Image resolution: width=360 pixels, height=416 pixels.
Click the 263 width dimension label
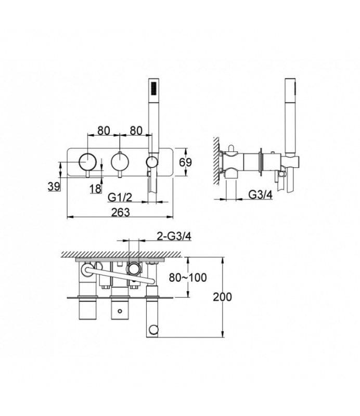(121, 213)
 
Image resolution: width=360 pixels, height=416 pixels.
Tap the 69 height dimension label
(185, 162)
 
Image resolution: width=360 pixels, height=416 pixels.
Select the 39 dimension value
(54, 187)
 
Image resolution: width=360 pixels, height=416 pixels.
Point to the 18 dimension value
(95, 189)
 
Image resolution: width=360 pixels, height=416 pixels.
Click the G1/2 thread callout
(120, 197)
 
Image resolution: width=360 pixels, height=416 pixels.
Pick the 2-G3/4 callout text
(174, 236)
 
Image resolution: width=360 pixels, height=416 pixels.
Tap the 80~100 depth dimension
(188, 278)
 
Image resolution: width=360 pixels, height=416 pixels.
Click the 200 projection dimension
(223, 297)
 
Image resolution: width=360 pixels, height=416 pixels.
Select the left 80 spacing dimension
(104, 131)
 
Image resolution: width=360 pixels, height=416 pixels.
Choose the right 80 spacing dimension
(136, 131)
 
